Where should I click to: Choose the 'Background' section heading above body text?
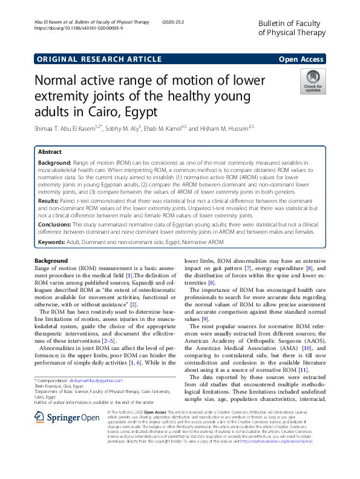coord(51,260)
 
